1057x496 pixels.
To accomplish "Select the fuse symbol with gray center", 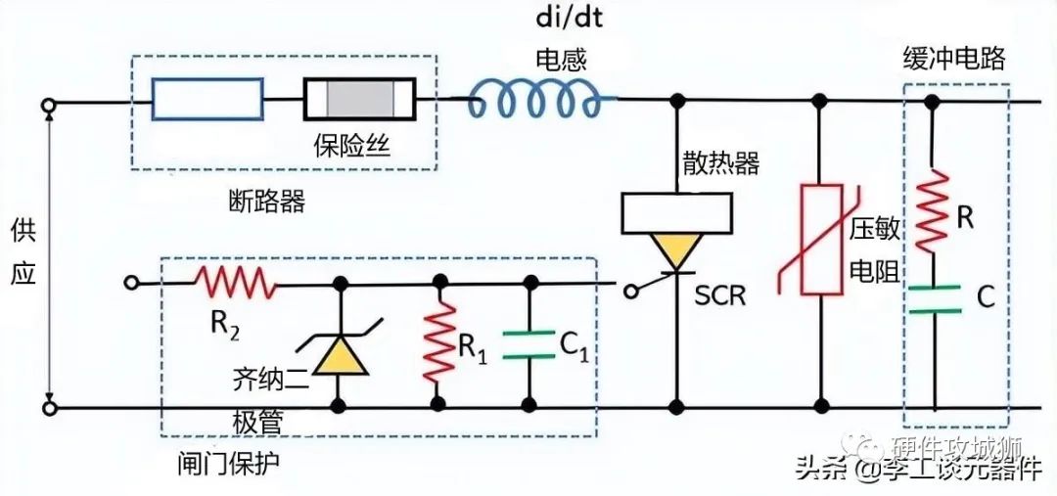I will click(359, 100).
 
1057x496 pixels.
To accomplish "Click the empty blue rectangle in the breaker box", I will click(207, 99).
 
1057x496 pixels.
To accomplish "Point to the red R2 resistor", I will click(236, 284).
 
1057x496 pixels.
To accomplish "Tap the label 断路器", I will click(264, 202).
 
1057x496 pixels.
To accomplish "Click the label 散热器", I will click(721, 162).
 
